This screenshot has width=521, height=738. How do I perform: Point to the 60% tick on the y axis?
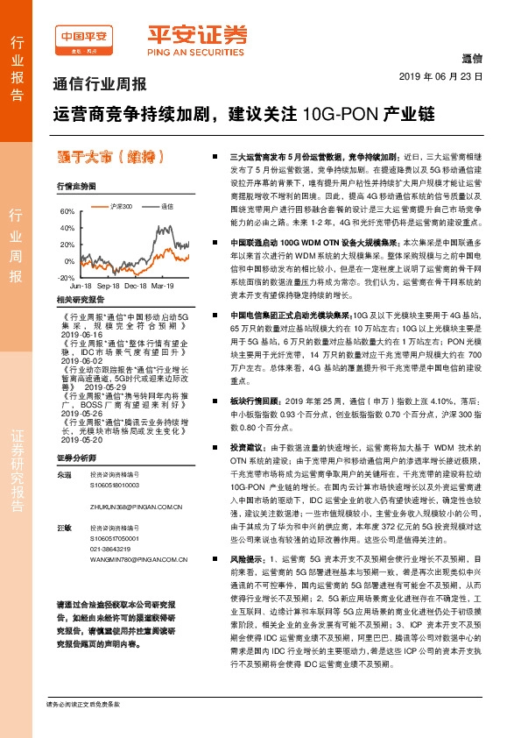coord(67,212)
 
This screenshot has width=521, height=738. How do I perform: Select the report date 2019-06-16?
coord(83,334)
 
